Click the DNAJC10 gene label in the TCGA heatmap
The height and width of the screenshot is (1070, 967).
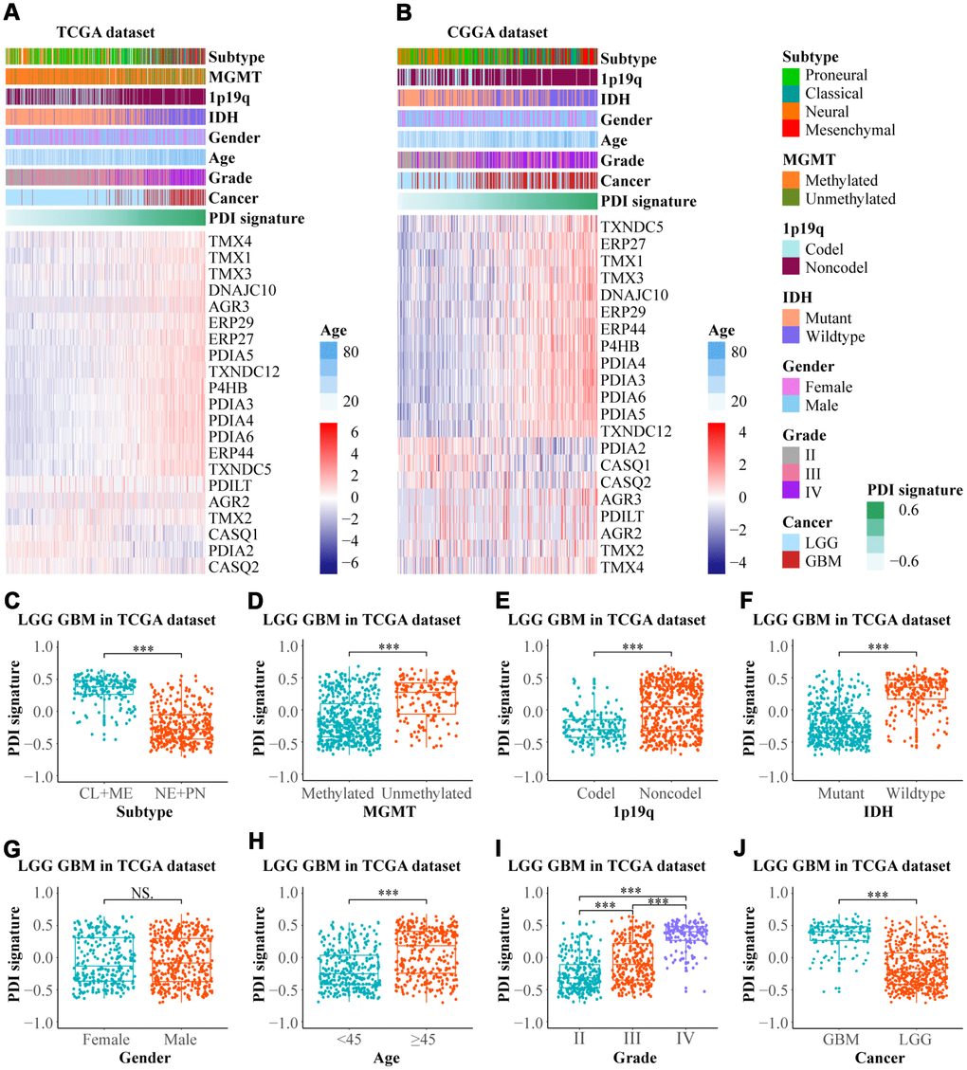point(244,289)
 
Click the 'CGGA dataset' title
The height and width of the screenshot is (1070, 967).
point(497,33)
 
